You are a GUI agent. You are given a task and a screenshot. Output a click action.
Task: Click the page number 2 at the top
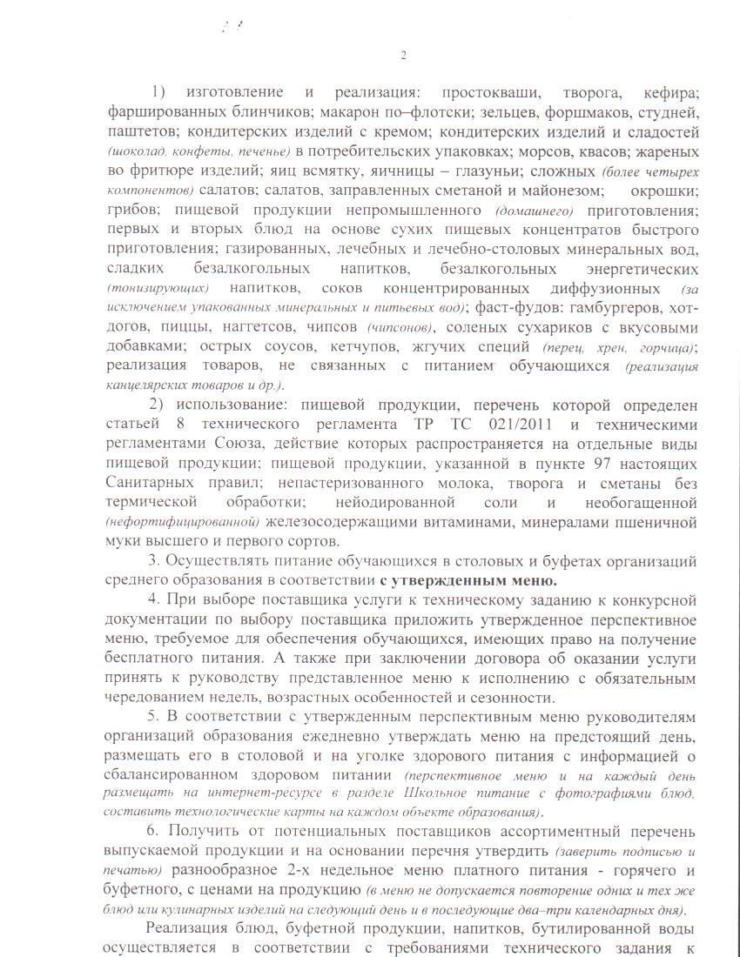point(403,56)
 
